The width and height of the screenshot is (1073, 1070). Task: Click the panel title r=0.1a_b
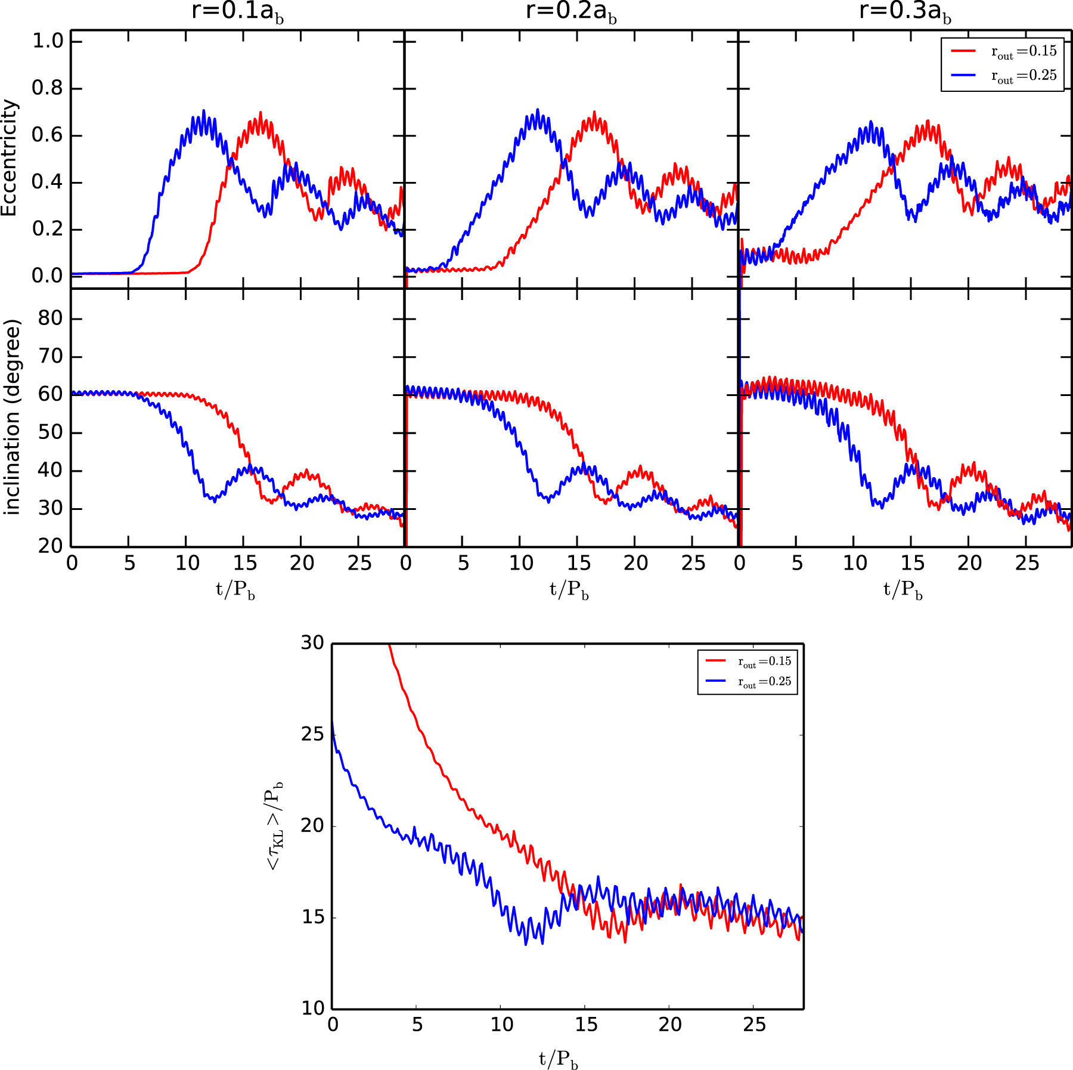[237, 12]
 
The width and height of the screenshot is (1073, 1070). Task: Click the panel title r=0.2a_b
[571, 12]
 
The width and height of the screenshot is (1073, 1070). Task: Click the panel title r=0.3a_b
[905, 12]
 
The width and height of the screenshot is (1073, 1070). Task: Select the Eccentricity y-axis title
[10, 157]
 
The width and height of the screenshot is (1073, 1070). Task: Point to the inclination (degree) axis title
[12, 417]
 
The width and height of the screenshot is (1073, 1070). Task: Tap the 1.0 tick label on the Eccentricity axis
[48, 41]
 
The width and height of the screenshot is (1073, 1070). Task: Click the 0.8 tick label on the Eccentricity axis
[48, 88]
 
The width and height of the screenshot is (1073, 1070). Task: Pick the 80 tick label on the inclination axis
[50, 318]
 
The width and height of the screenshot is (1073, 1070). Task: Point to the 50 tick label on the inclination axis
[50, 432]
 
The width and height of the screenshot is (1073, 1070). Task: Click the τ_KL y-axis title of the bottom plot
[275, 825]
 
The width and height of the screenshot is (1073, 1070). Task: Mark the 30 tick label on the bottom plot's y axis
[312, 643]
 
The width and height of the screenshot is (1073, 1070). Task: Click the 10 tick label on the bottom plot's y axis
[312, 1009]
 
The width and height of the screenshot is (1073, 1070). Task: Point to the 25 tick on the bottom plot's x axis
[754, 1025]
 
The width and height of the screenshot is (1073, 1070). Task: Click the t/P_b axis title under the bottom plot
[559, 1059]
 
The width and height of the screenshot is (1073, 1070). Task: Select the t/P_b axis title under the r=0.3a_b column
[903, 590]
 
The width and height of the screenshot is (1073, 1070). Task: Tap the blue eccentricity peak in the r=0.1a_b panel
[204, 111]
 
